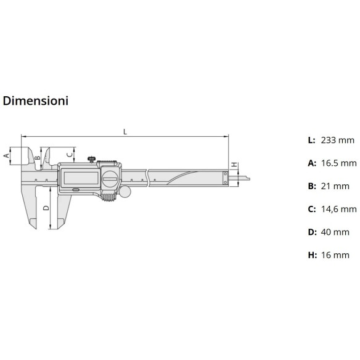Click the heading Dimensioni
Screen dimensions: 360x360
(x=35, y=100)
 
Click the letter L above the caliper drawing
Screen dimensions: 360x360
(x=125, y=131)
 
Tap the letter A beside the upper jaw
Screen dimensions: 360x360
(x=7, y=156)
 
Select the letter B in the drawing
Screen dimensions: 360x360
(x=37, y=158)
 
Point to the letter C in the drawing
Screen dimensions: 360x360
(x=69, y=154)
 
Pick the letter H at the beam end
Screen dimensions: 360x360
(x=234, y=165)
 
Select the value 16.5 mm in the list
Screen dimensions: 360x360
(x=338, y=163)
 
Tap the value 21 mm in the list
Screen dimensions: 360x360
(x=335, y=186)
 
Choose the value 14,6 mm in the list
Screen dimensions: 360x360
(x=338, y=209)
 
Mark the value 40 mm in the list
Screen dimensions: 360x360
(x=335, y=232)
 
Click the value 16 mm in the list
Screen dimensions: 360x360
(x=335, y=255)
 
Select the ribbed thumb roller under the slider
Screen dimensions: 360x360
(x=109, y=197)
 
